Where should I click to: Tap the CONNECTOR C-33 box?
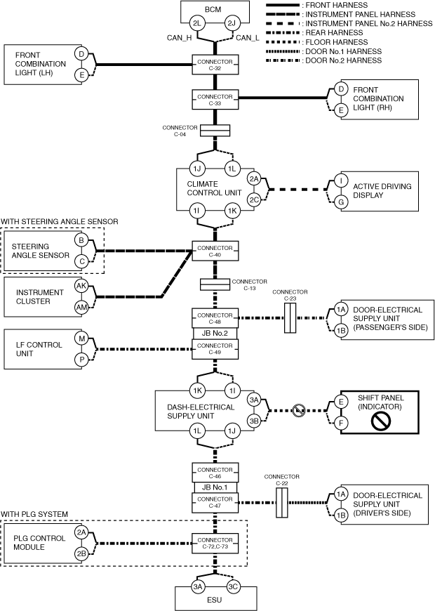click(x=215, y=99)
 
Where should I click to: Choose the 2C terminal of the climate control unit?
click(x=254, y=199)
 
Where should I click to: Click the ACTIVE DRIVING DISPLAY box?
click(x=378, y=190)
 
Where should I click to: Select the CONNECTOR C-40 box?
click(x=215, y=251)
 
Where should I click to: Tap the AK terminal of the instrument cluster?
click(x=82, y=286)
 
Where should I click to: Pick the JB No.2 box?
click(x=215, y=334)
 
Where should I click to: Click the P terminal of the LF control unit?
click(x=82, y=359)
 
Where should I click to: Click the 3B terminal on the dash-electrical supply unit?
click(x=254, y=421)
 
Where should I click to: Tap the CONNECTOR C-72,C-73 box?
click(x=215, y=542)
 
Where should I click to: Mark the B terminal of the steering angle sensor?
click(x=82, y=241)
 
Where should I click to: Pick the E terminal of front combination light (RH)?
click(x=341, y=110)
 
